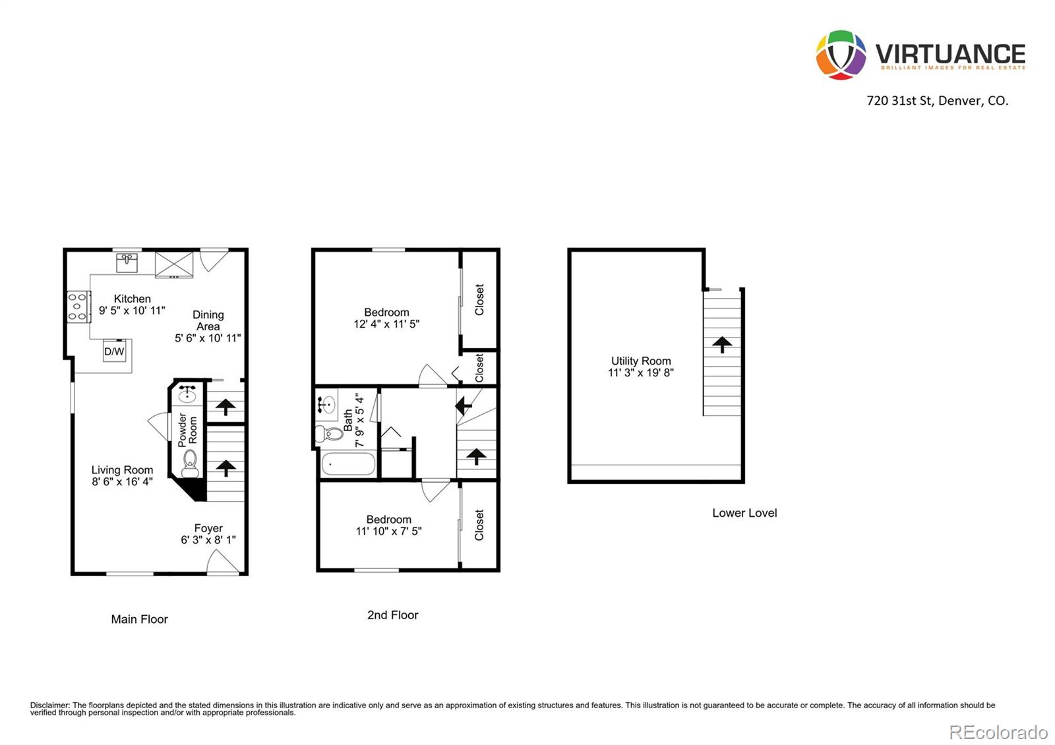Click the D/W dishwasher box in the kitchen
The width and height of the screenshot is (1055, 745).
pyautogui.click(x=114, y=351)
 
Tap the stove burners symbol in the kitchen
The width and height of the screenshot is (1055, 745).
pyautogui.click(x=78, y=307)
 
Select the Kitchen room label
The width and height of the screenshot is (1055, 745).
pyautogui.click(x=132, y=299)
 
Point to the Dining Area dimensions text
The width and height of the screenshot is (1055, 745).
pyautogui.click(x=208, y=338)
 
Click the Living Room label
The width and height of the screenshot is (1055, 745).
pyautogui.click(x=122, y=470)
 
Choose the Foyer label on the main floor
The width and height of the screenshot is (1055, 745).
pyautogui.click(x=208, y=528)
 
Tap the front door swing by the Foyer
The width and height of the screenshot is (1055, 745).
pyautogui.click(x=222, y=562)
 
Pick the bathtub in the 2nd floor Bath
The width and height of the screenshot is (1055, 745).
pyautogui.click(x=348, y=463)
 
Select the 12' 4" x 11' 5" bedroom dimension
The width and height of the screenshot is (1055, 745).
pyautogui.click(x=386, y=324)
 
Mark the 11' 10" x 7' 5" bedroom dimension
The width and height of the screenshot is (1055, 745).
pyautogui.click(x=388, y=531)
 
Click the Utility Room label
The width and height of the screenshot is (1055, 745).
pyautogui.click(x=641, y=361)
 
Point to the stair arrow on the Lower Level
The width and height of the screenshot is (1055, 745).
pyautogui.click(x=722, y=344)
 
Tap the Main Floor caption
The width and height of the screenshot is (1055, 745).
pyautogui.click(x=139, y=619)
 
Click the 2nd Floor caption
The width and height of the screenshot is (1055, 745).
pyautogui.click(x=392, y=615)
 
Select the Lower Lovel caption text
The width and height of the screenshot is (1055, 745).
pyautogui.click(x=744, y=513)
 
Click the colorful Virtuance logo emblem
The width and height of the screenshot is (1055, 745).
pyautogui.click(x=841, y=55)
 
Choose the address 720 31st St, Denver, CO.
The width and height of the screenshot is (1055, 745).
pyautogui.click(x=937, y=101)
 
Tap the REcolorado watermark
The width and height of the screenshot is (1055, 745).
pyautogui.click(x=998, y=732)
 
